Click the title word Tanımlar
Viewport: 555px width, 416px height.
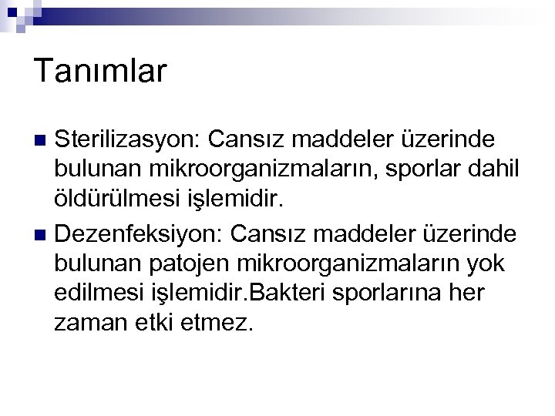(100, 72)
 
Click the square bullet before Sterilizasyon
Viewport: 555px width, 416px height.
(42, 141)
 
